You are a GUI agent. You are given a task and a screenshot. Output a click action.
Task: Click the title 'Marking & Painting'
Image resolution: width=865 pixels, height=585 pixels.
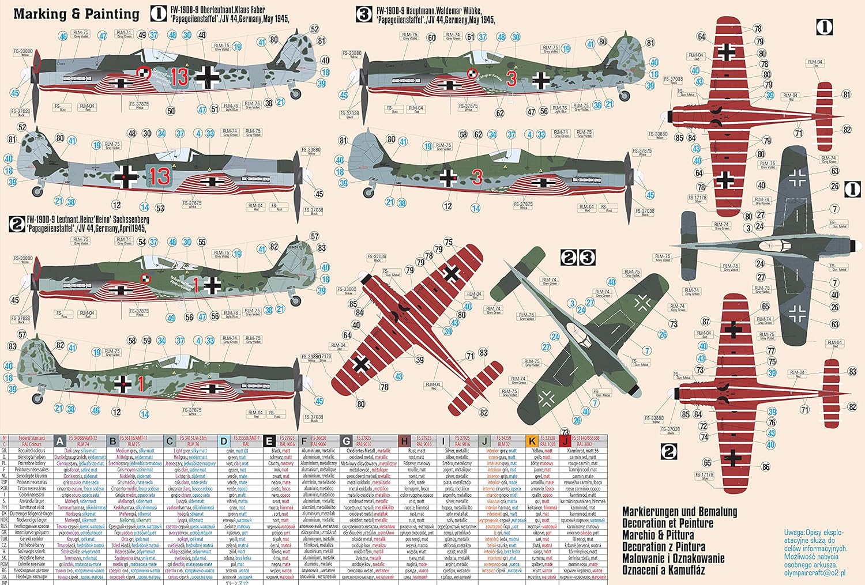(x=76, y=14)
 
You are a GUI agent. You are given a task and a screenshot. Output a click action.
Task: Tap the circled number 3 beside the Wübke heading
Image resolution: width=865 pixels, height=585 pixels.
(x=364, y=14)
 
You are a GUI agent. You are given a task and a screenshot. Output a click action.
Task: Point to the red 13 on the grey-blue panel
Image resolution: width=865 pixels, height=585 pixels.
(x=159, y=176)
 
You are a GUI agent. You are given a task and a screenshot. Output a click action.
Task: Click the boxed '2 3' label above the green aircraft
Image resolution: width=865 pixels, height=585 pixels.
(x=578, y=257)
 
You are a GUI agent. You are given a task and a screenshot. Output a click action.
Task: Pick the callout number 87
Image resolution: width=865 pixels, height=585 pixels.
(x=706, y=322)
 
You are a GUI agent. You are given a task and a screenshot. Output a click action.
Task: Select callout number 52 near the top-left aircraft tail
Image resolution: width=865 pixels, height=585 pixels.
(x=314, y=29)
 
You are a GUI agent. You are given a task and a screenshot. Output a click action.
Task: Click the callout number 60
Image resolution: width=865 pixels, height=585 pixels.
(x=431, y=37)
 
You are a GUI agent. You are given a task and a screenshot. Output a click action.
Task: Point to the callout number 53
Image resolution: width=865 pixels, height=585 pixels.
(x=160, y=208)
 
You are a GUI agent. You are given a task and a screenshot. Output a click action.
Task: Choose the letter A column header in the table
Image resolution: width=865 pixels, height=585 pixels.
(x=60, y=441)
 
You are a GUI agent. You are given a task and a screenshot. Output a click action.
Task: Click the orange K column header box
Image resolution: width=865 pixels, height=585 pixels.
(x=532, y=441)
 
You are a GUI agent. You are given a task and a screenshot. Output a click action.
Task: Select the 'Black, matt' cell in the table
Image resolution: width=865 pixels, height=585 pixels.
(x=281, y=451)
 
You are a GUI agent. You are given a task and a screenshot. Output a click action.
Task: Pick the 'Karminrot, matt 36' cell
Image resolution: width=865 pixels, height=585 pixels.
(x=583, y=451)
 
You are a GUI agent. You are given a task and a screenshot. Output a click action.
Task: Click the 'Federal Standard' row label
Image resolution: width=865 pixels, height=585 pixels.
(x=31, y=438)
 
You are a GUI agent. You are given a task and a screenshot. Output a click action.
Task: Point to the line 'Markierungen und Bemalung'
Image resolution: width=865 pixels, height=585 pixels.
(x=679, y=512)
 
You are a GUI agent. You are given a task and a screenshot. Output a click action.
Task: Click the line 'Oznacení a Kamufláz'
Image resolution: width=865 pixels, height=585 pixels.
(x=667, y=570)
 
